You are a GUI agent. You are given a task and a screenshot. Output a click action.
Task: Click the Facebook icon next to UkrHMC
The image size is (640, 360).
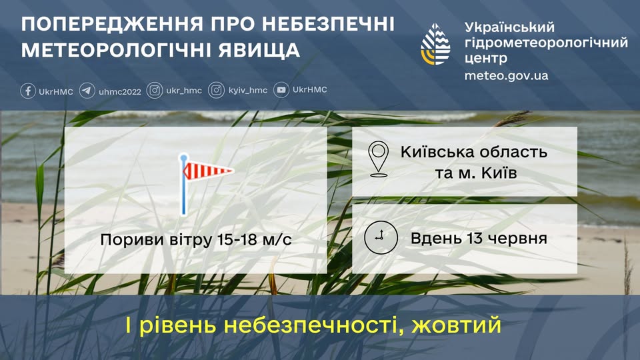(x=28, y=91)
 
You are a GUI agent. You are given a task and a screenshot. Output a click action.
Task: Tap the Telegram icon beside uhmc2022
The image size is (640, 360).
(x=87, y=91)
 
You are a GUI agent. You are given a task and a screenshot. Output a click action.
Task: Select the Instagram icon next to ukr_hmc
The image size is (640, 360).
(x=155, y=91)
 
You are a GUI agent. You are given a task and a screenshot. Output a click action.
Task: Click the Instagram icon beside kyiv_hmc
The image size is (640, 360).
(x=216, y=91)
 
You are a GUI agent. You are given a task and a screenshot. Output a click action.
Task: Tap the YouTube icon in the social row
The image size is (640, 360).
(x=281, y=91)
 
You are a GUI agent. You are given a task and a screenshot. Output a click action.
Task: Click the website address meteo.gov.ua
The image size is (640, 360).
(x=507, y=75)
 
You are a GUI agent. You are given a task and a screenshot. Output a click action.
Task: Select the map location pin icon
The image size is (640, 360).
(x=378, y=159)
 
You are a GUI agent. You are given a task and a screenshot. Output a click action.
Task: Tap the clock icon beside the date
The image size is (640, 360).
(x=381, y=238)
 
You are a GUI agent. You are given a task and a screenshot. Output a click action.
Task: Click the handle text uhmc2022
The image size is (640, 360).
(x=120, y=91)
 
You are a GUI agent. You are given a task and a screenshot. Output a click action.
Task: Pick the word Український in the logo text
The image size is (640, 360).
(x=509, y=27)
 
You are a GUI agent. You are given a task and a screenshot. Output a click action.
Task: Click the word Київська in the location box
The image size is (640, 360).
(x=437, y=151)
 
